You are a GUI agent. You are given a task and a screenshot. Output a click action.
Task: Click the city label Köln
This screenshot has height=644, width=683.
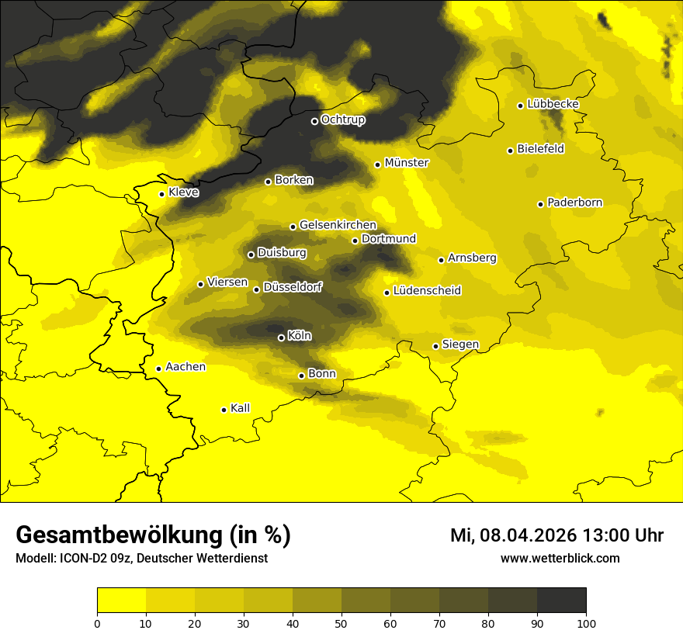(300, 336)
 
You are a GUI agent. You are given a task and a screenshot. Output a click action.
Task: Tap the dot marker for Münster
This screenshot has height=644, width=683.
(378, 164)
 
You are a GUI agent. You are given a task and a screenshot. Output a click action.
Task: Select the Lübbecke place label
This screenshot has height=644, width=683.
(553, 104)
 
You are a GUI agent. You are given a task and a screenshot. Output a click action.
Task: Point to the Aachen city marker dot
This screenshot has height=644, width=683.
(159, 369)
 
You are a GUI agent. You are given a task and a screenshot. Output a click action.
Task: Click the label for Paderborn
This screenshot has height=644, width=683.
(574, 203)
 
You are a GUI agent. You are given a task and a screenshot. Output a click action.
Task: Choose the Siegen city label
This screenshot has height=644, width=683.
(460, 345)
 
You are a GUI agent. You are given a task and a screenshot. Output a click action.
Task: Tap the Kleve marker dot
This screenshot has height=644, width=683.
(162, 194)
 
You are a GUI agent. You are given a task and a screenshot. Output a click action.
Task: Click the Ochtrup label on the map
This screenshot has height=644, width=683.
(342, 119)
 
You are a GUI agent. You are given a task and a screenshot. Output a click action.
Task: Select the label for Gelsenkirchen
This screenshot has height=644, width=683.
(338, 225)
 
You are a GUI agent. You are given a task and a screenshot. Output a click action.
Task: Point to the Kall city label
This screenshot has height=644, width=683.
(240, 408)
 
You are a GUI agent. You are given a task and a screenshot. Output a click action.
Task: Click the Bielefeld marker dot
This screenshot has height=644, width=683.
(511, 151)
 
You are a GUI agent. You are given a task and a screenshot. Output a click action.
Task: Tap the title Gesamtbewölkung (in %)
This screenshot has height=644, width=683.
(153, 535)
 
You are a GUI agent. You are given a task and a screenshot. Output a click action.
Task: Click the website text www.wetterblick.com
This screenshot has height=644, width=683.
(560, 558)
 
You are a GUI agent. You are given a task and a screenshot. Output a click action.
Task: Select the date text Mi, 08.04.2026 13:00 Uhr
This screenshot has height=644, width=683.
(556, 535)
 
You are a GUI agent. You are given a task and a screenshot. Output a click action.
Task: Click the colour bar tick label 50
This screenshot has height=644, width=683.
(341, 623)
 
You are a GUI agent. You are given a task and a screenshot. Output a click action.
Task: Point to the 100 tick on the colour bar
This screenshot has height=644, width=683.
(586, 623)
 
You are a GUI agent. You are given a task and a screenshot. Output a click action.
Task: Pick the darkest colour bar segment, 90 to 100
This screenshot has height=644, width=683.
(561, 601)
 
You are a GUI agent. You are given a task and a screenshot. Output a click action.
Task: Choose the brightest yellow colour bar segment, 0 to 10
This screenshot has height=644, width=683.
(121, 601)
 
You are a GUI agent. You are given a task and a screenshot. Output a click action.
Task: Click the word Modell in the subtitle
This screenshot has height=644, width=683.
(33, 559)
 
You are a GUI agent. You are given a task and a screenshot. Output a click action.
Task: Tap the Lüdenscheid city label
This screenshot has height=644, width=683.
(427, 291)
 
